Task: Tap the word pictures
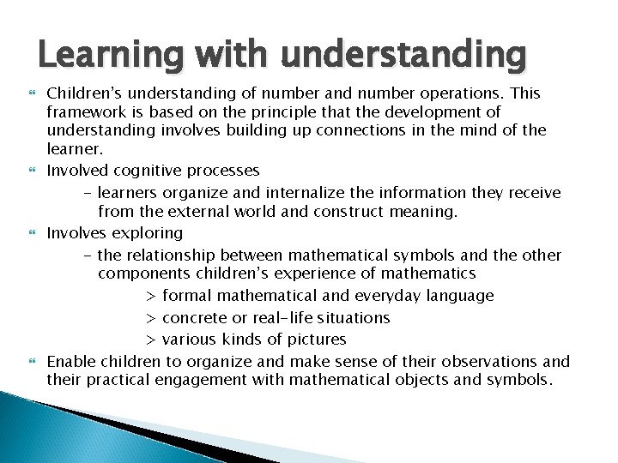[312, 339]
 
